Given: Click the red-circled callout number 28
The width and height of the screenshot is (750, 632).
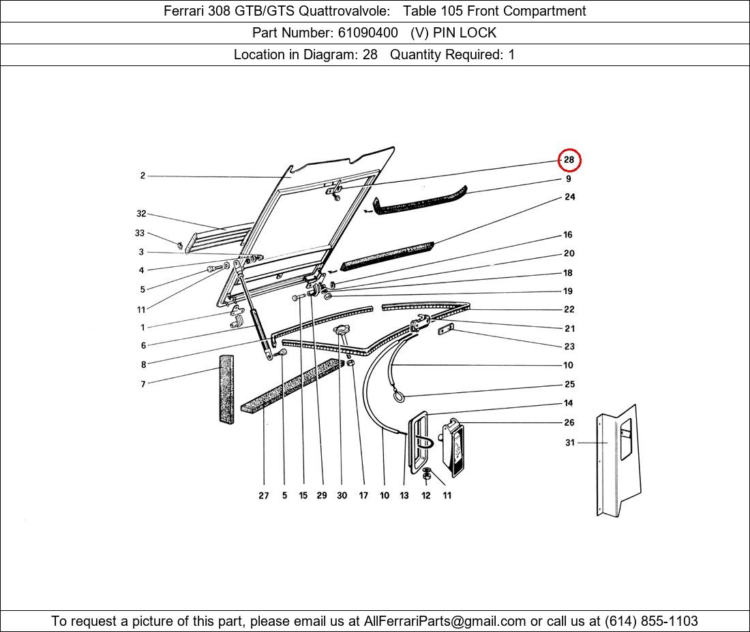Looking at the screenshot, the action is [x=569, y=159].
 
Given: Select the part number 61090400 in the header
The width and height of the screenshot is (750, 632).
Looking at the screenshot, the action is [x=367, y=33].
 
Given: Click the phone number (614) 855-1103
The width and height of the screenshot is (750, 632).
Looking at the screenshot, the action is [x=651, y=621].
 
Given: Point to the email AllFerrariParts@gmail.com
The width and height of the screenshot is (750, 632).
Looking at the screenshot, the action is [x=445, y=621].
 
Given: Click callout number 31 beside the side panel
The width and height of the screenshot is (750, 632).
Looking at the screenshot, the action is [x=570, y=443].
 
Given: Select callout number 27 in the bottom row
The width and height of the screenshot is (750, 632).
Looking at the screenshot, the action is [x=264, y=495].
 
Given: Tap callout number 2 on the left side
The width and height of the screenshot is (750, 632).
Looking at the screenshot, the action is [x=142, y=175].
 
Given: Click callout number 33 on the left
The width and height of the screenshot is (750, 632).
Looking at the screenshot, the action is [x=139, y=233].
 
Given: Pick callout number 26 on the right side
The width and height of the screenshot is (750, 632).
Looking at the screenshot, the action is [x=569, y=422].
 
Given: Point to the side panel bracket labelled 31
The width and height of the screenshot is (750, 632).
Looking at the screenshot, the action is [x=618, y=460].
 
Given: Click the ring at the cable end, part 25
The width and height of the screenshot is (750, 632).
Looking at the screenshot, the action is [x=398, y=395].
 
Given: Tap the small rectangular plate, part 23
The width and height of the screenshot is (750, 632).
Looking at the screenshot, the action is [x=446, y=329].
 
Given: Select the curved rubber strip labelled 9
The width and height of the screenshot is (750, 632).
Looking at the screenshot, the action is [x=419, y=202].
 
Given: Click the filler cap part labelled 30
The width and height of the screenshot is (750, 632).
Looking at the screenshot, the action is [x=341, y=330].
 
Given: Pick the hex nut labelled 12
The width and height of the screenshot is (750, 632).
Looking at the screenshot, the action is [x=427, y=475].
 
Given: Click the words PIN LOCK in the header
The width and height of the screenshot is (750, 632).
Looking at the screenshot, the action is [x=464, y=33].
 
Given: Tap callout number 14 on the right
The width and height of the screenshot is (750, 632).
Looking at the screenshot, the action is [x=568, y=402].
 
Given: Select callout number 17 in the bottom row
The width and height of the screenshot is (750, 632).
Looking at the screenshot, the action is [x=363, y=495].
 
